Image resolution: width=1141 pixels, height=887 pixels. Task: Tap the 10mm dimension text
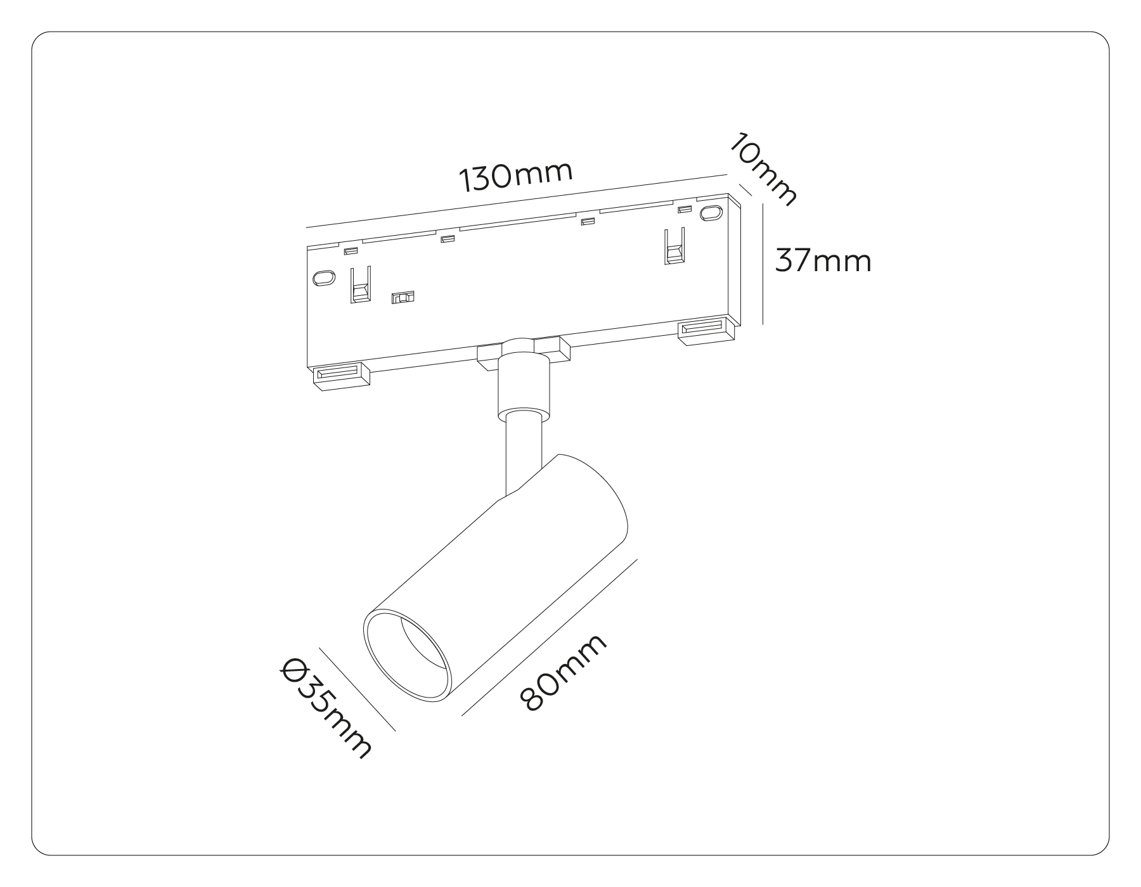click(761, 169)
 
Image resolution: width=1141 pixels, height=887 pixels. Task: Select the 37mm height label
click(823, 260)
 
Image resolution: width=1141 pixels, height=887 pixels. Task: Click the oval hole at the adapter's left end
click(324, 278)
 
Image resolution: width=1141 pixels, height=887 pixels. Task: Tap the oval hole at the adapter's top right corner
click(711, 213)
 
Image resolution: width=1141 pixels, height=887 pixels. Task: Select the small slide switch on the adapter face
click(403, 297)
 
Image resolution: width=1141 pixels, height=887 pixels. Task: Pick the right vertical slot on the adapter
click(674, 246)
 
